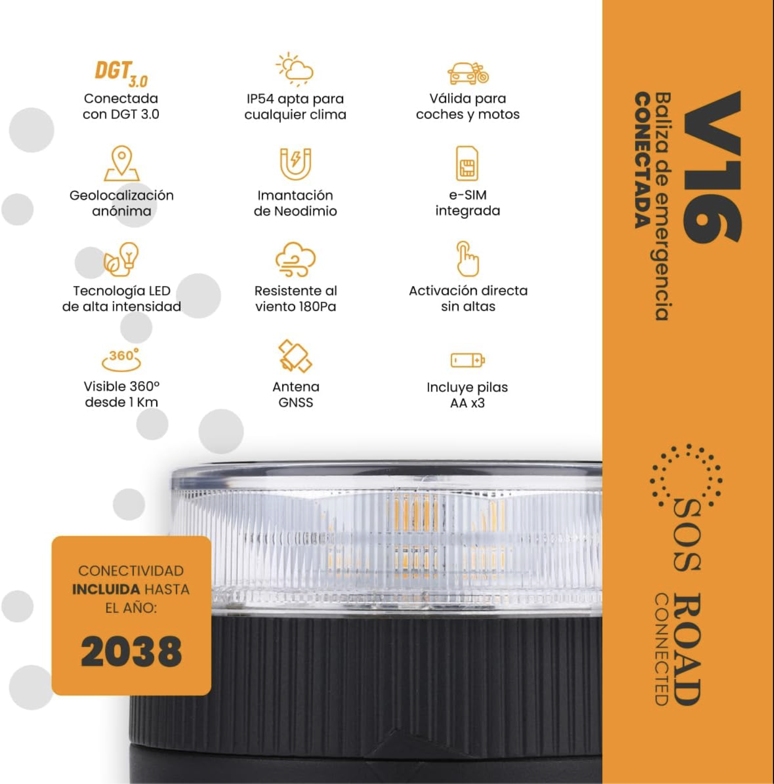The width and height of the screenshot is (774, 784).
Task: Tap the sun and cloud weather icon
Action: [x=295, y=69]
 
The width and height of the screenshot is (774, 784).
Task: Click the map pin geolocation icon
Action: [x=122, y=163]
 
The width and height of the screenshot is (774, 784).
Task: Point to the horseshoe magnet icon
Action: [x=296, y=164]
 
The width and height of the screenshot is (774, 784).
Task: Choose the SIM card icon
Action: [x=467, y=163]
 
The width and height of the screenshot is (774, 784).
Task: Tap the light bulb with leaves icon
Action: [x=121, y=259]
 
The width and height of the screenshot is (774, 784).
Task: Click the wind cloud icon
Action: [x=296, y=259]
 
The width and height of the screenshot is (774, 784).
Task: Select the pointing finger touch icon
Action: [x=467, y=258]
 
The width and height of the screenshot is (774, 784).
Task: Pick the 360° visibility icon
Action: [x=122, y=359]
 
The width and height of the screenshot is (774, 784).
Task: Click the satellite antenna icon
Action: [x=295, y=356]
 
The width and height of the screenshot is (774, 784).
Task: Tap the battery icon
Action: [x=468, y=360]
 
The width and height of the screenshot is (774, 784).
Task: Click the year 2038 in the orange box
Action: [x=132, y=651]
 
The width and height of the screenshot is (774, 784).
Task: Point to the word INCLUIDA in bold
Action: [x=105, y=589]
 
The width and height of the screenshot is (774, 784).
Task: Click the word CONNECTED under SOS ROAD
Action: [x=661, y=649]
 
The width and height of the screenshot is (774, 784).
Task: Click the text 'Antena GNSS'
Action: [x=296, y=395]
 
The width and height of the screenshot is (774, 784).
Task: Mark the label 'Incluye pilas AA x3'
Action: [x=467, y=395]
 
